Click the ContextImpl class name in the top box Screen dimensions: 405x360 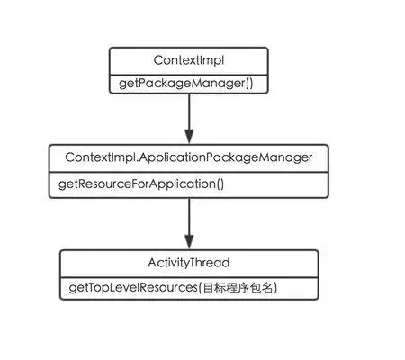tap(189, 60)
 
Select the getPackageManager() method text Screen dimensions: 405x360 tap(186, 84)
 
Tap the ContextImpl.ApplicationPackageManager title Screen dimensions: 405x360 tap(189, 157)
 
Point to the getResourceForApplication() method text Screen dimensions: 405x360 tap(141, 184)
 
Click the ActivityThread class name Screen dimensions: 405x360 tap(189, 263)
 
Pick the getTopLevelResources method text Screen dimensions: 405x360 tap(133, 288)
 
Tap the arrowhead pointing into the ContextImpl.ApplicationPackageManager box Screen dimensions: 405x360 tap(189, 137)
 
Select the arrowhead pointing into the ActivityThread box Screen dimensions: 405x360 tap(189, 242)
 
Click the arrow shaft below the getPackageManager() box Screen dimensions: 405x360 tap(189, 112)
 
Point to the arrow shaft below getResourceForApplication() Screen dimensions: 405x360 tap(189, 217)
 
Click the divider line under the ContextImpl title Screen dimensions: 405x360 tap(189, 75)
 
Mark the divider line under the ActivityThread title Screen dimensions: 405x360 tap(189, 277)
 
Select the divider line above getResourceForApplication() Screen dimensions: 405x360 tap(189, 173)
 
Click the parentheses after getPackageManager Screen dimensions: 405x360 tap(249, 84)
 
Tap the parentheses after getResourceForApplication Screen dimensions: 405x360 tap(220, 184)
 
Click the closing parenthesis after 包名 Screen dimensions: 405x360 tap(275, 288)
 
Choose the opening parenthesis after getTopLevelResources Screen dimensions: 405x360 tap(199, 288)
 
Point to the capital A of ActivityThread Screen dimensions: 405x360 tap(152, 263)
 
